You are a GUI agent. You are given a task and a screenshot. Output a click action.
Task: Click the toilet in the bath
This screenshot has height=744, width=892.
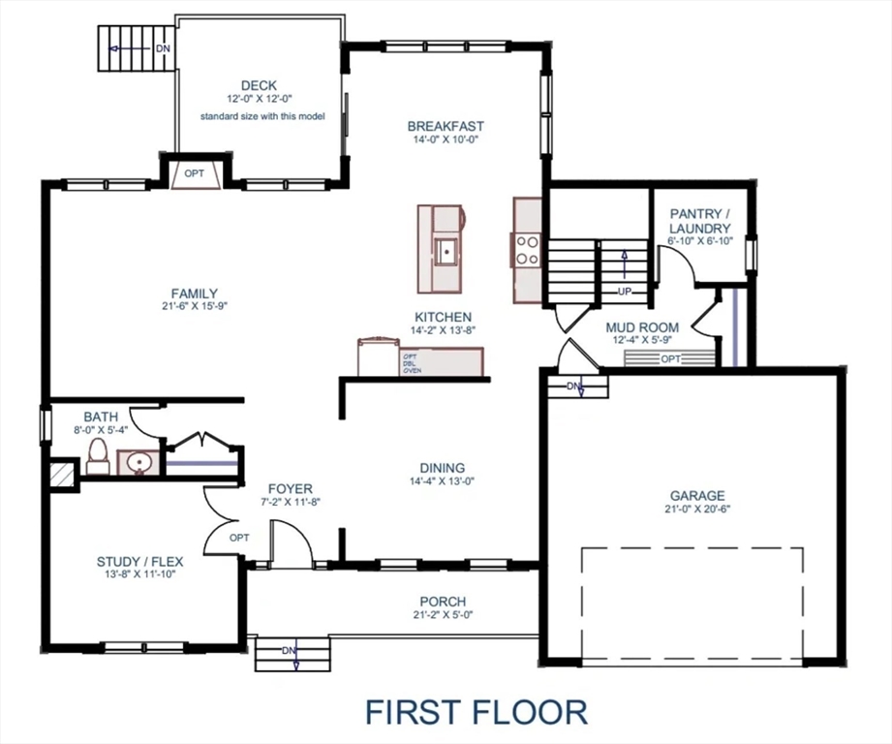pyautogui.click(x=98, y=456)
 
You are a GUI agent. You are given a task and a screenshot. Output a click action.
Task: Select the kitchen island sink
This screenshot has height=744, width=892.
pyautogui.click(x=446, y=251)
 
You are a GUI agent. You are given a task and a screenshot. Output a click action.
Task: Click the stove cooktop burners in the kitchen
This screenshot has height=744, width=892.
pyautogui.click(x=528, y=250)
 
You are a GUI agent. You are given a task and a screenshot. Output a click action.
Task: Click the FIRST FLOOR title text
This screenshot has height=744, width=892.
pyautogui.click(x=476, y=712)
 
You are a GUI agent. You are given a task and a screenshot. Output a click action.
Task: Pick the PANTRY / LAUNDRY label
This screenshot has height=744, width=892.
pyautogui.click(x=699, y=221)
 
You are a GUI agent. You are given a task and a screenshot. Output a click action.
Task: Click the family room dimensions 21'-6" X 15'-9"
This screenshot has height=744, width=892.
pyautogui.click(x=194, y=306)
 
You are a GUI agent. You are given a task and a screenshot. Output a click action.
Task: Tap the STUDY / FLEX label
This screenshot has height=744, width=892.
pyautogui.click(x=139, y=561)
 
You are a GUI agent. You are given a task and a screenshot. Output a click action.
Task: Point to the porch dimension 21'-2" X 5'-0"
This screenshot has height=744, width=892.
pyautogui.click(x=442, y=614)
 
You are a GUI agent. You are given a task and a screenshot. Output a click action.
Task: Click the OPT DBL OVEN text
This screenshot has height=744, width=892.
pyautogui.click(x=412, y=363)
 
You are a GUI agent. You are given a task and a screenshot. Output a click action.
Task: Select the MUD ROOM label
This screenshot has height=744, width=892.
pyautogui.click(x=641, y=327)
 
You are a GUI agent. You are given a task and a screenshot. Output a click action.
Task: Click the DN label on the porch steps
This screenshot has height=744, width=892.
pyautogui.click(x=289, y=650)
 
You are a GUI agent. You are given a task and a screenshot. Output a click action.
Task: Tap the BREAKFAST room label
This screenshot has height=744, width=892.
pyautogui.click(x=446, y=126)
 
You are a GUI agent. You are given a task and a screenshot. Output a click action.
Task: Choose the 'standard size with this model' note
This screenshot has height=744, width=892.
pyautogui.click(x=261, y=116)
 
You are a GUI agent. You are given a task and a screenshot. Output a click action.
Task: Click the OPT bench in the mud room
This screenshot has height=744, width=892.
pyautogui.click(x=670, y=358)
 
